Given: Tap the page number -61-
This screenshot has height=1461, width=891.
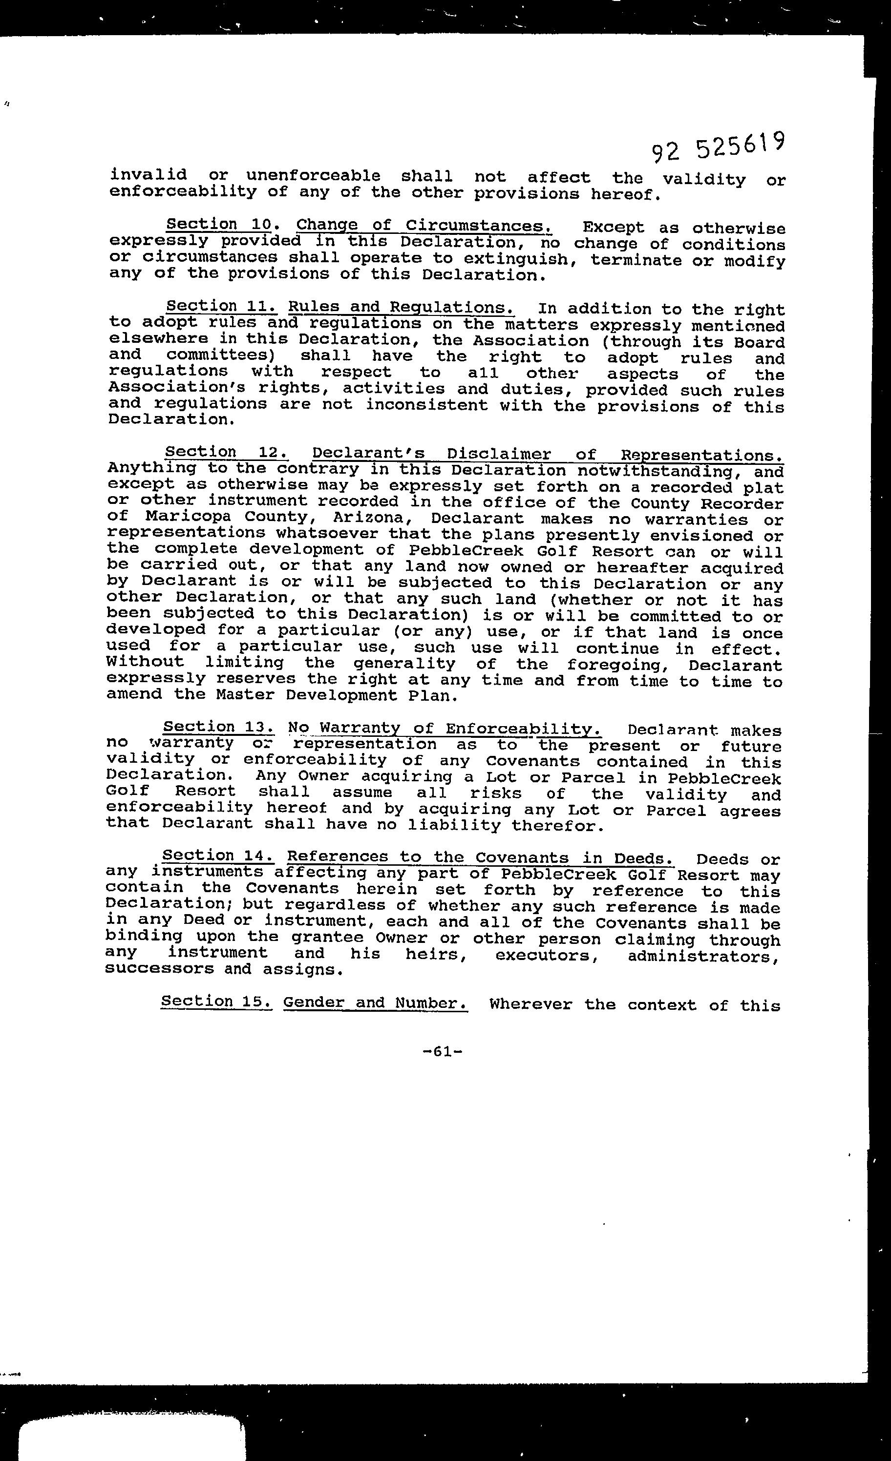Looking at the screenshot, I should (x=443, y=1051).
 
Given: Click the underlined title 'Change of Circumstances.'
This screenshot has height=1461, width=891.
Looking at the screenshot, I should (x=424, y=226).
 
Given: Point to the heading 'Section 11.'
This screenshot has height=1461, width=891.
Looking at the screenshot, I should (x=221, y=306).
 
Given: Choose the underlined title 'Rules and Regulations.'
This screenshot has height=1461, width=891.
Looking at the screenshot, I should (x=401, y=308).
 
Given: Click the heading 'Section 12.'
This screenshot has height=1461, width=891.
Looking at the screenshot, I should (x=227, y=452).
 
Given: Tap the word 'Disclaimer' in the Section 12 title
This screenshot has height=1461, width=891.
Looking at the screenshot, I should (x=499, y=454).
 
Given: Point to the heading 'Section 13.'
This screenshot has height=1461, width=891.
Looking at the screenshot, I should (x=218, y=727).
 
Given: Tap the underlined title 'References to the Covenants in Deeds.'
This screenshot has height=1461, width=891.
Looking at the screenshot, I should (x=479, y=858).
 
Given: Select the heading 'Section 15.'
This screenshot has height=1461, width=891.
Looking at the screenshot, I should (x=216, y=1001).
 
